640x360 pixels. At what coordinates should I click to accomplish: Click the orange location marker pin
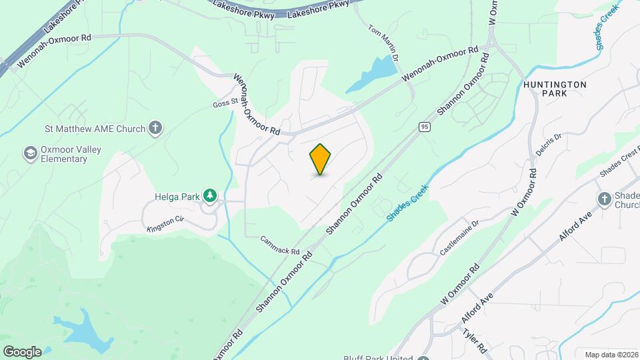321,159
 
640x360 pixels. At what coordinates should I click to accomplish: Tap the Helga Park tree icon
211,195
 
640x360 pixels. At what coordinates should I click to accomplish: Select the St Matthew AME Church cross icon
155,127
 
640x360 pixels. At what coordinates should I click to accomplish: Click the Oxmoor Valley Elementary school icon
30,154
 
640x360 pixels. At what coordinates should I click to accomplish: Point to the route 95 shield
424,126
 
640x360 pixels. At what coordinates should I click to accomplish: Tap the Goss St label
225,103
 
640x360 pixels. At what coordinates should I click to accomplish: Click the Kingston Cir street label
165,224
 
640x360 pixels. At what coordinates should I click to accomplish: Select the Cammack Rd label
279,246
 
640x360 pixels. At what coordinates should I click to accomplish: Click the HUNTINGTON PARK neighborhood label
555,89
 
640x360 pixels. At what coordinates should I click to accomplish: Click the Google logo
22,351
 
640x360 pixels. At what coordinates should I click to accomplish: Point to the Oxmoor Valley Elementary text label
71,154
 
